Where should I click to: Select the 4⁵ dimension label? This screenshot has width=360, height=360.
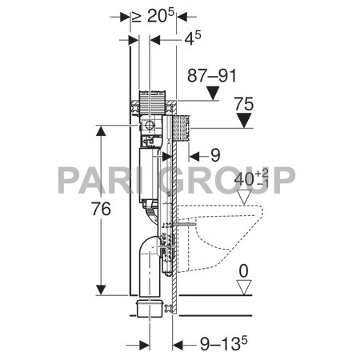(193, 38)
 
